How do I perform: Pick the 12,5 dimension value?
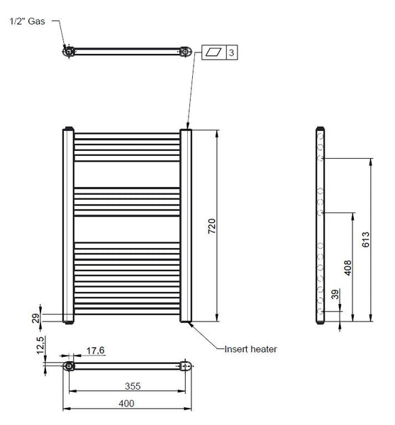41,346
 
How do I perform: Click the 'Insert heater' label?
250,348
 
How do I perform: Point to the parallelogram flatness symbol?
214,53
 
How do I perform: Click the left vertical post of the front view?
68,225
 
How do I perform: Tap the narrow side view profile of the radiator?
320,225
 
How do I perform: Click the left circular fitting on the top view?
68,51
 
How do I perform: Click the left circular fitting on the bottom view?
69,366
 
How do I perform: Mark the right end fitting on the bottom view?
186,366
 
